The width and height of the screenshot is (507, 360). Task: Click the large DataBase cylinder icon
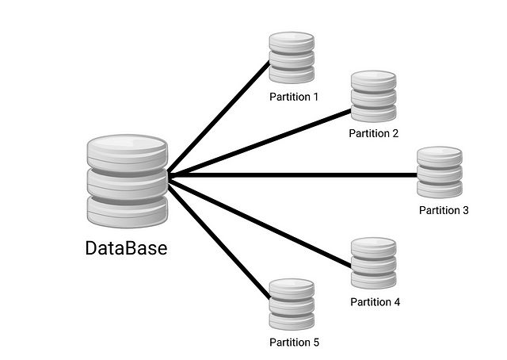pyautogui.click(x=127, y=181)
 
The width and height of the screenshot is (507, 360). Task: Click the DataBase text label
pyautogui.click(x=127, y=247)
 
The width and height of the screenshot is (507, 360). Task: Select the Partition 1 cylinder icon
pyautogui.click(x=292, y=57)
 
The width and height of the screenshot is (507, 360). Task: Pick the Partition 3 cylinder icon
pyautogui.click(x=440, y=172)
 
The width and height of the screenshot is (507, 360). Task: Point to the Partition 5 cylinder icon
pyautogui.click(x=292, y=304)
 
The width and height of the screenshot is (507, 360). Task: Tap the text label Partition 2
pyautogui.click(x=373, y=133)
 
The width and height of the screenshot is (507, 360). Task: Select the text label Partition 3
pyautogui.click(x=444, y=210)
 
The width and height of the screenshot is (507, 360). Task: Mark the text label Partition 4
pyautogui.click(x=375, y=302)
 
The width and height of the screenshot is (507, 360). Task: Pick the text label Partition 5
pyautogui.click(x=293, y=343)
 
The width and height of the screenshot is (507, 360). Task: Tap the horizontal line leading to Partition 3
pyautogui.click(x=293, y=174)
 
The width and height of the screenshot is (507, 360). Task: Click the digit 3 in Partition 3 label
pyautogui.click(x=465, y=210)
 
